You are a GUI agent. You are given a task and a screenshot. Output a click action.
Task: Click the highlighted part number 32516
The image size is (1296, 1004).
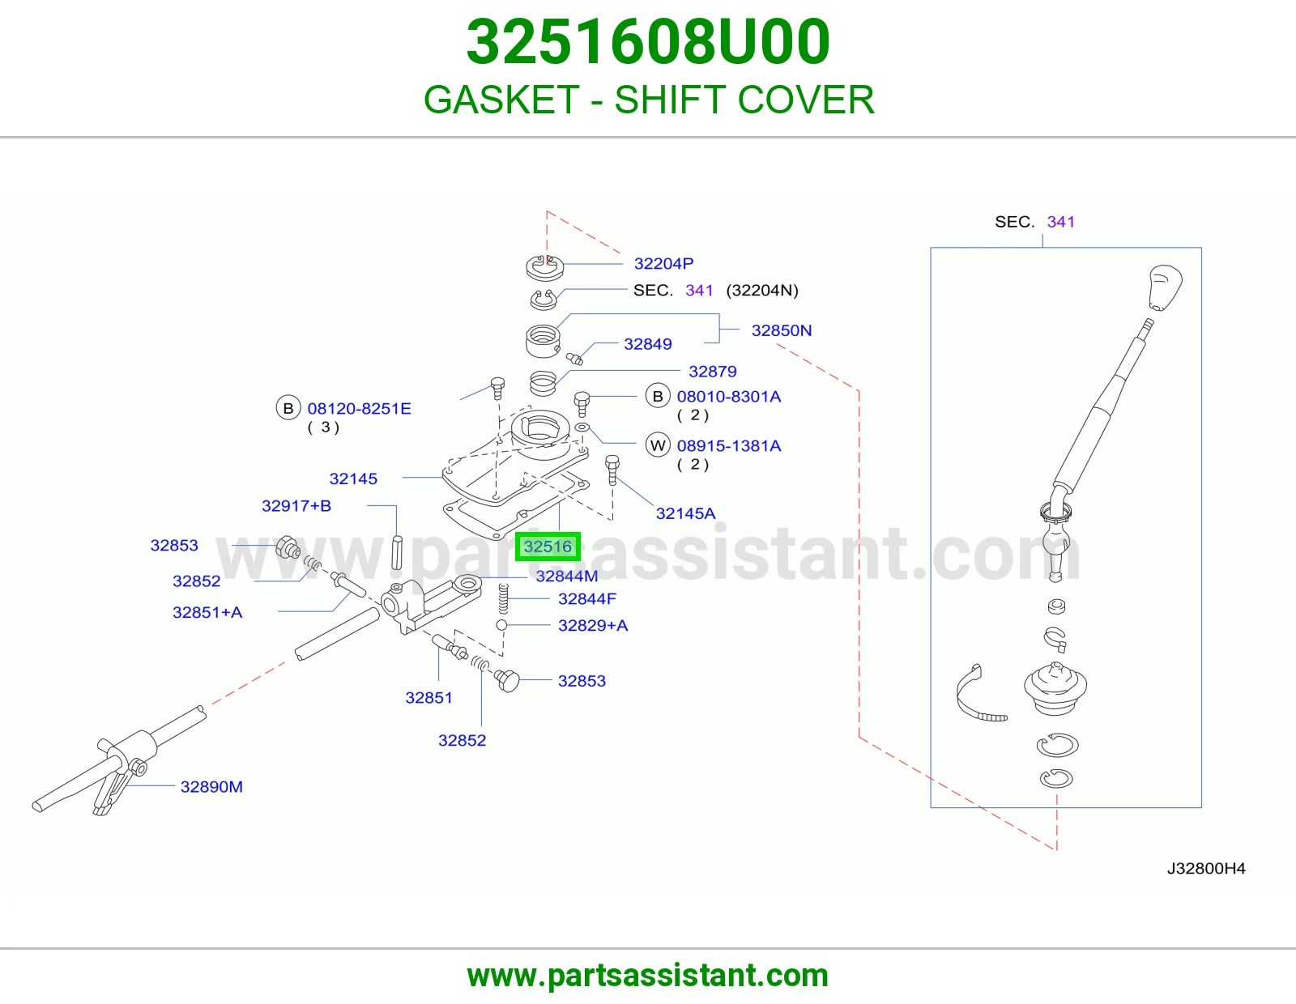547,547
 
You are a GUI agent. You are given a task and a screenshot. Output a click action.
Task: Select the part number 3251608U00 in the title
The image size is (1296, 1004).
648,42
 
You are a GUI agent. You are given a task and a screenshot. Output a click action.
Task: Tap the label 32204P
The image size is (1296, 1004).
663,263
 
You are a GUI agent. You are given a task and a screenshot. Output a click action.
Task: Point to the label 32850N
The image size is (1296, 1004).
782,330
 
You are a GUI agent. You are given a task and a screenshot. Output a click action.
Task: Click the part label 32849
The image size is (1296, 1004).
648,344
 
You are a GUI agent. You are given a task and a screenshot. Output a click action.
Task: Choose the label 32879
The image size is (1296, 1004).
713,372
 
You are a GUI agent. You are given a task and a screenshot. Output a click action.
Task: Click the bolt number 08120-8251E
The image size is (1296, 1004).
359,408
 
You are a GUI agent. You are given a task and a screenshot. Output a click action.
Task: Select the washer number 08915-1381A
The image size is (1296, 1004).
729,446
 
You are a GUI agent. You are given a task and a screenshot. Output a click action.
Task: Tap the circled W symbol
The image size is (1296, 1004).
658,445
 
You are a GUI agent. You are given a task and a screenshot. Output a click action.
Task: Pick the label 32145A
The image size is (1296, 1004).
685,513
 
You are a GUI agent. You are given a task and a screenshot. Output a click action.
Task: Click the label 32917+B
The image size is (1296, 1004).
296,506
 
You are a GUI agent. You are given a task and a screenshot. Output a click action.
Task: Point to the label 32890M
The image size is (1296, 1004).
211,787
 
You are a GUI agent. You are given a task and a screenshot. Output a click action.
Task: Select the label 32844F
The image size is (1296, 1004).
587,599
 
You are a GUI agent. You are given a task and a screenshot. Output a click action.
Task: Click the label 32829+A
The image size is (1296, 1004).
593,625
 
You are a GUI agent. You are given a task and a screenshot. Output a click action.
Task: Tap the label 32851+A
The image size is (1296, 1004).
207,612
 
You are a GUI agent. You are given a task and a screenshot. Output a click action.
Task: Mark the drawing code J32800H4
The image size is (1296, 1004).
1206,869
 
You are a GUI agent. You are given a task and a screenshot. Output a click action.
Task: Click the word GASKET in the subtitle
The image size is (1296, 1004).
501,100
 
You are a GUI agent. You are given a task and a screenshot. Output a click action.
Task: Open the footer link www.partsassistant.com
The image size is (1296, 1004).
648,976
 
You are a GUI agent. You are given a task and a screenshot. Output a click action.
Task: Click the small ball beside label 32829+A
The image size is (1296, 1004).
501,625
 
